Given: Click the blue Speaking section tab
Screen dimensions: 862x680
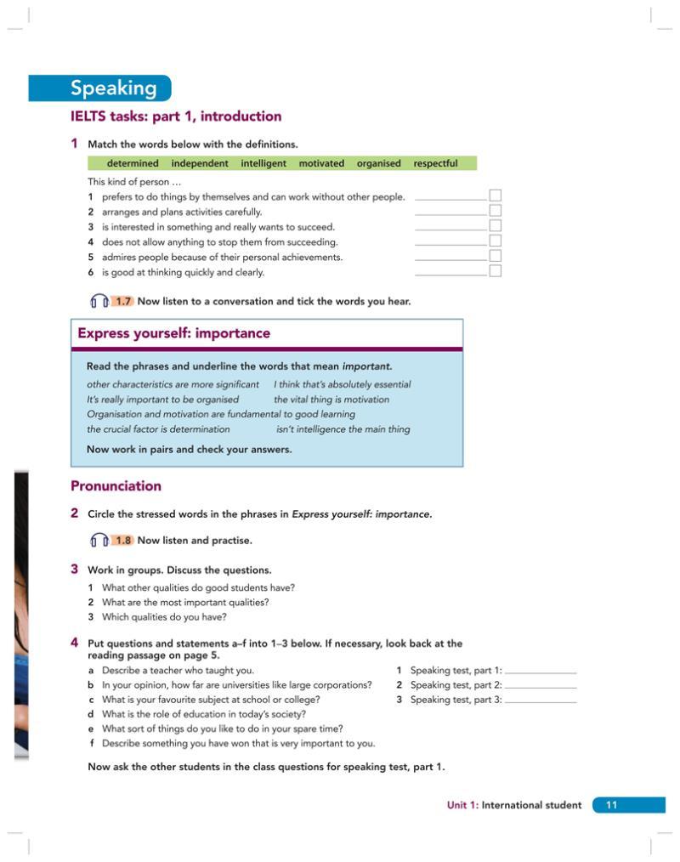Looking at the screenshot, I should (x=101, y=88).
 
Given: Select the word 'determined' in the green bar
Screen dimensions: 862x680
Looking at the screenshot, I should (x=133, y=163).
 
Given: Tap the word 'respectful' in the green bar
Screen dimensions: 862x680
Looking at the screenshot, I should (x=435, y=163).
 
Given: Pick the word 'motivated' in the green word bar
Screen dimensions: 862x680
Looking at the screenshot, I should (x=321, y=163).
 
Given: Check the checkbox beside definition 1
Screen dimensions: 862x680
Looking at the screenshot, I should (x=496, y=196).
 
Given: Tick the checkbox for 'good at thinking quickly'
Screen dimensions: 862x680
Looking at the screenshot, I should (x=496, y=271).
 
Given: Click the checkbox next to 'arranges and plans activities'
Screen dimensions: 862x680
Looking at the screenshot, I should (x=496, y=211).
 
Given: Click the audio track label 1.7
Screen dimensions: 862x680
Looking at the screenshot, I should (x=123, y=301).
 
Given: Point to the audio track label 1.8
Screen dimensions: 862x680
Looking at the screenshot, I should (x=123, y=540).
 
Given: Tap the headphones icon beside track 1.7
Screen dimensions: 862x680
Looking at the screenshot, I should (x=99, y=301).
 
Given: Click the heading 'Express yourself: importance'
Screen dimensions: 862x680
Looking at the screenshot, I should (x=174, y=333).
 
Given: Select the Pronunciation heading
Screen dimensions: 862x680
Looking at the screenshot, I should (x=116, y=486).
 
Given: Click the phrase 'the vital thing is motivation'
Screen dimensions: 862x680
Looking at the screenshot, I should (x=331, y=400).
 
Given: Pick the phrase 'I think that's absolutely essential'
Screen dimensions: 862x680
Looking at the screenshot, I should (x=342, y=384).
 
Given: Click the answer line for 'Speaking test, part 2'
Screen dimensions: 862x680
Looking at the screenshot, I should (x=541, y=686).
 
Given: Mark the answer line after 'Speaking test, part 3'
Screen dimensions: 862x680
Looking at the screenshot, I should (x=541, y=701).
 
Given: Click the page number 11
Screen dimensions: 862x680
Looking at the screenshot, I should (x=611, y=805).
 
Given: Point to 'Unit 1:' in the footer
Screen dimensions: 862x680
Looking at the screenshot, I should (x=463, y=805).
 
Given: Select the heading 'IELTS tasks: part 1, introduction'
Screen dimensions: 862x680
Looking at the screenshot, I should (x=176, y=116).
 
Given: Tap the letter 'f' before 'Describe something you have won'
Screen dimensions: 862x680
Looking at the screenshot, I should (x=90, y=743).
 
